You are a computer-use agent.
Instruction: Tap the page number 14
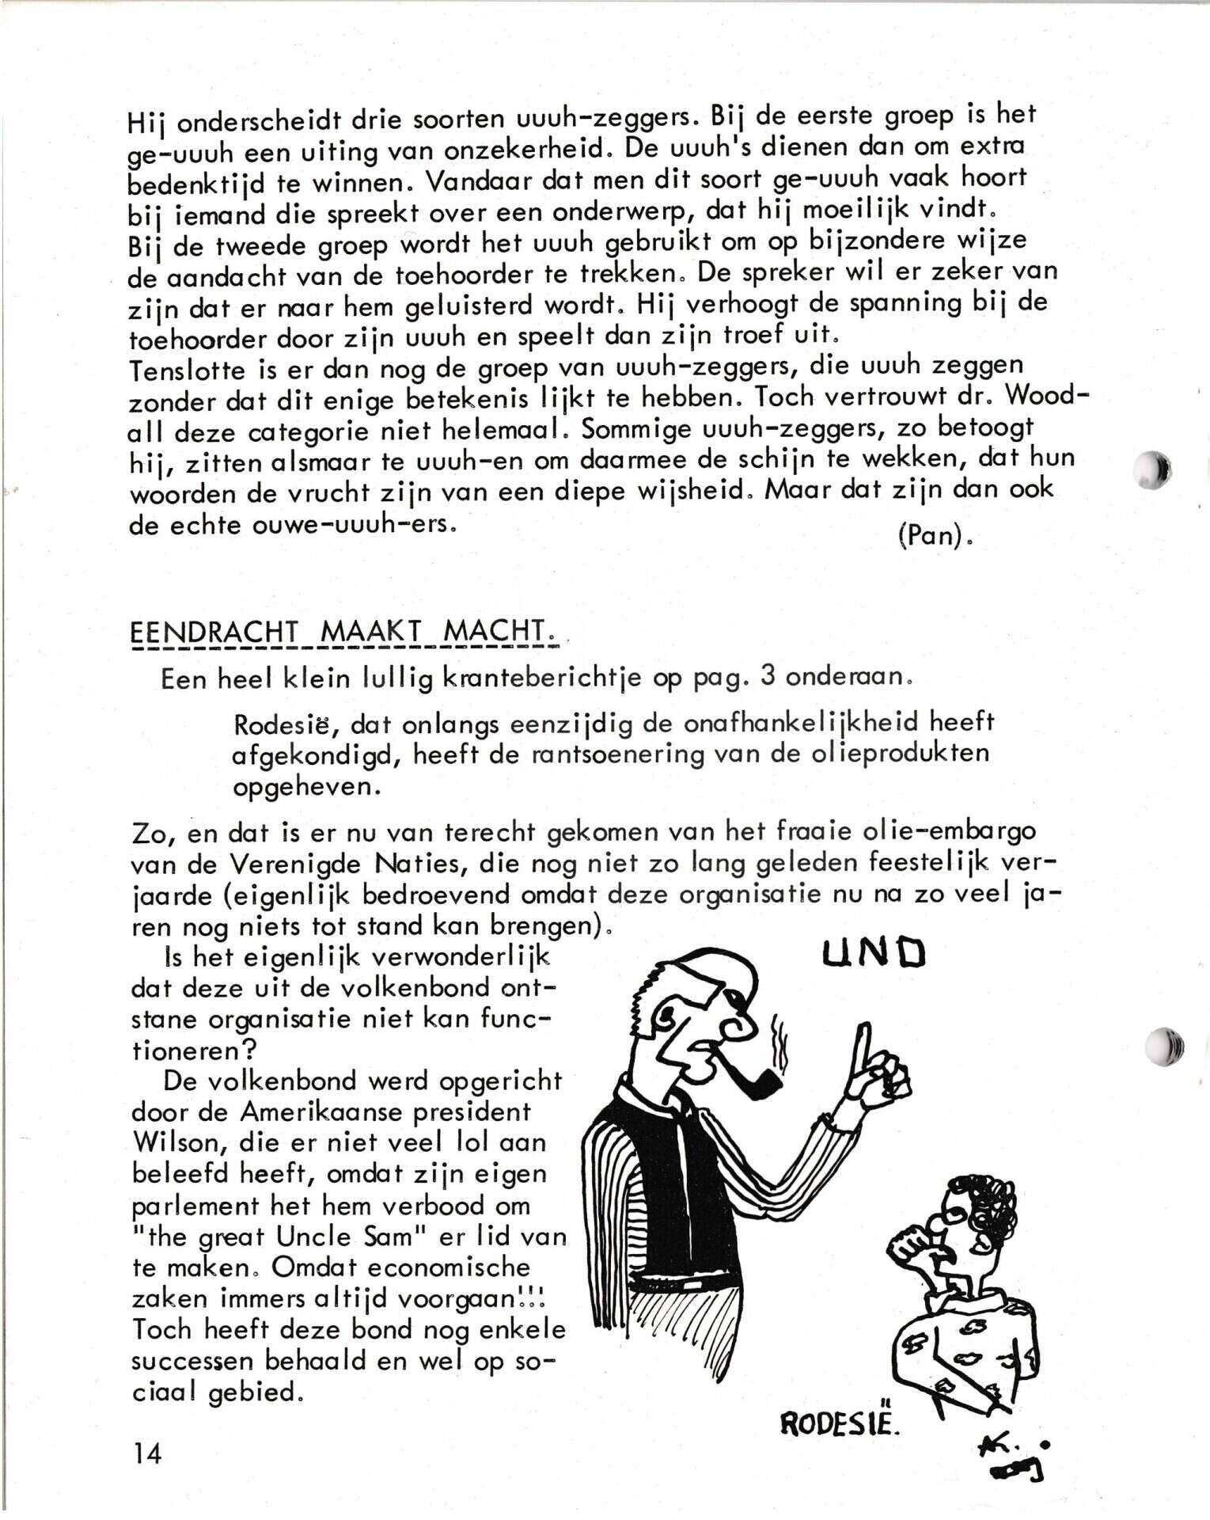point(146,1453)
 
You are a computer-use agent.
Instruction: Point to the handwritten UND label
point(874,953)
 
